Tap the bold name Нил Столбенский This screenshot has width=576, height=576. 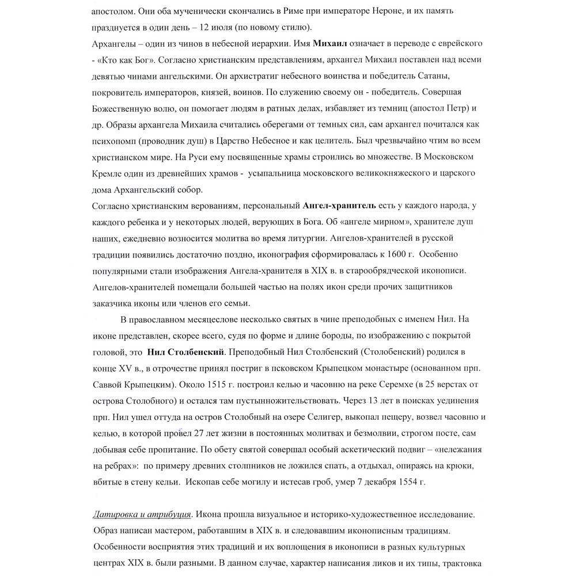click(183, 351)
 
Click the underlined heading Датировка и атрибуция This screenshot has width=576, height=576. click(142, 512)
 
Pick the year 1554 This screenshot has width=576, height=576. click(406, 480)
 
